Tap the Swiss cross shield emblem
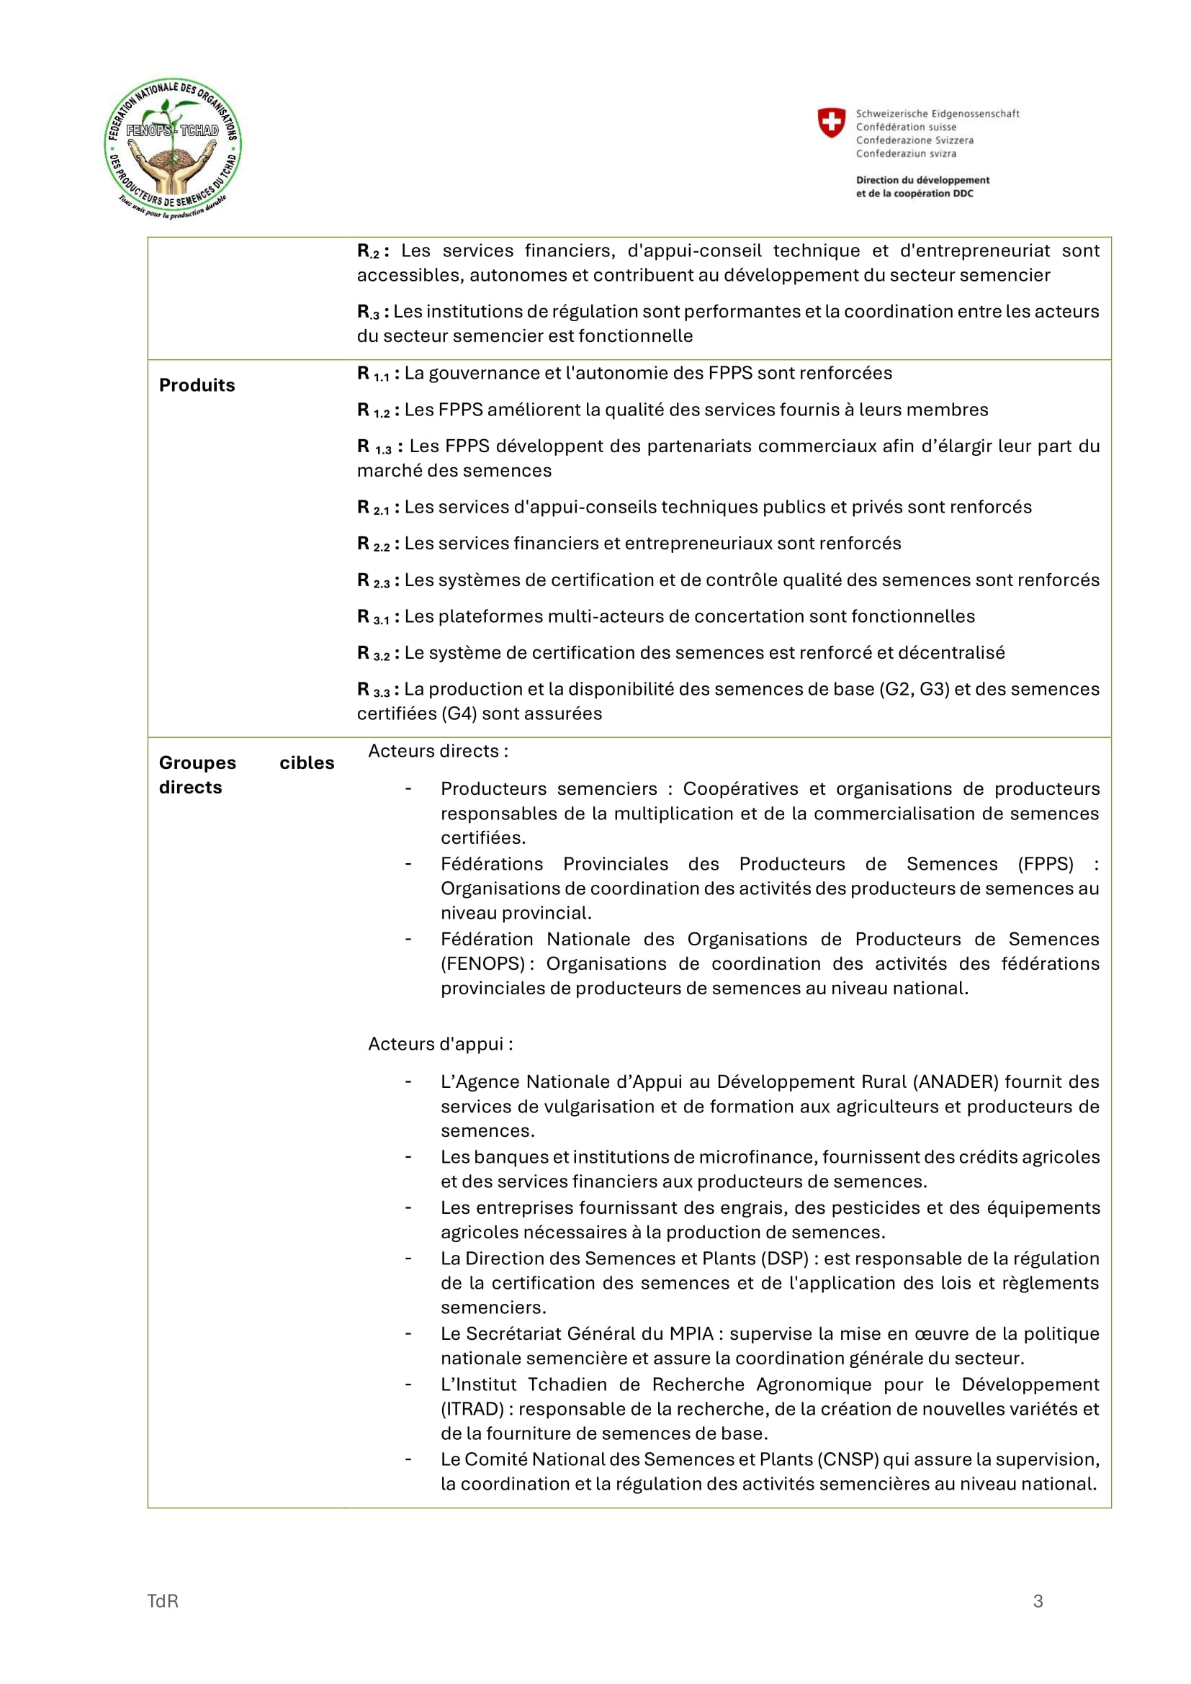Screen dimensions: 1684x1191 tap(831, 122)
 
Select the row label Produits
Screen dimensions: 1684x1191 tap(197, 385)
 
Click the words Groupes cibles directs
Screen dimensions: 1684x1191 tap(246, 775)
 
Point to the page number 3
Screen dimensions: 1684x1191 tap(1038, 1601)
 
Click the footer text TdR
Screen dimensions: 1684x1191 tap(163, 1601)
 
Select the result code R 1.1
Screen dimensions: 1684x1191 tap(373, 374)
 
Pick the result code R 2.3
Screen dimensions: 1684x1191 tap(373, 581)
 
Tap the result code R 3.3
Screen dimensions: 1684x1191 tap(373, 690)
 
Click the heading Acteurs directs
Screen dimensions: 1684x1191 tap(437, 751)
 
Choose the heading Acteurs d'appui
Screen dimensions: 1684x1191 tap(440, 1044)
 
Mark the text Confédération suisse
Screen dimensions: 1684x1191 tap(906, 127)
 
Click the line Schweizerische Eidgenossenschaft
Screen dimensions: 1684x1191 tap(938, 114)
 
